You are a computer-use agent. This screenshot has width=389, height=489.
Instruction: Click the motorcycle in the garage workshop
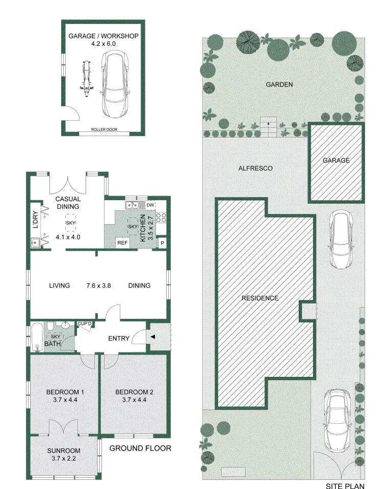[86, 79]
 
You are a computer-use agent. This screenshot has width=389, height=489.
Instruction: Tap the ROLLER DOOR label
[104, 129]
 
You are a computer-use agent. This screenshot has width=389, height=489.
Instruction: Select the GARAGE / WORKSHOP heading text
[103, 36]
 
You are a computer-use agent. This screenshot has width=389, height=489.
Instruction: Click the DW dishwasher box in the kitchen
[150, 205]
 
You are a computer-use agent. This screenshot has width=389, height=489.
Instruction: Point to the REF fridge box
[122, 242]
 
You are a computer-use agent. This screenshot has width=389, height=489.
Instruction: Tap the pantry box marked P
[162, 243]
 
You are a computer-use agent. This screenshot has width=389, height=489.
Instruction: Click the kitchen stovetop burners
[161, 218]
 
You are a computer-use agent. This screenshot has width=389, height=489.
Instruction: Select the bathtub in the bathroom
[37, 338]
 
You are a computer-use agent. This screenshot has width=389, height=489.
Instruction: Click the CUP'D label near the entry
[85, 324]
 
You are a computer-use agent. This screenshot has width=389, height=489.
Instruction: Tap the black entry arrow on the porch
[152, 337]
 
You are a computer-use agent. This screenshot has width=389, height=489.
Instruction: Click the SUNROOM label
[64, 451]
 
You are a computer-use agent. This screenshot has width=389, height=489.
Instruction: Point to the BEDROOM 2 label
[134, 392]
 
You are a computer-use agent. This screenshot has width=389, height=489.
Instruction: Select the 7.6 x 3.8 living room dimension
[99, 285]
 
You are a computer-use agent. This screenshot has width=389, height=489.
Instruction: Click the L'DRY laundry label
[35, 220]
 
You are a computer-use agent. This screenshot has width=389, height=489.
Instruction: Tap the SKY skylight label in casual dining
[70, 223]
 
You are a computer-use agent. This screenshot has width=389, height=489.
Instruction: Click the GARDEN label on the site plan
[279, 85]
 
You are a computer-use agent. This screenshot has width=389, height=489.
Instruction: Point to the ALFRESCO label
[255, 168]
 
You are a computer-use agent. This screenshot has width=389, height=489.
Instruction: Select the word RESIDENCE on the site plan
[260, 298]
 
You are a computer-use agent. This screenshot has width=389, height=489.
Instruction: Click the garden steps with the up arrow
[269, 127]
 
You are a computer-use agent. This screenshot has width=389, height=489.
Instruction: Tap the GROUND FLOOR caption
[140, 448]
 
